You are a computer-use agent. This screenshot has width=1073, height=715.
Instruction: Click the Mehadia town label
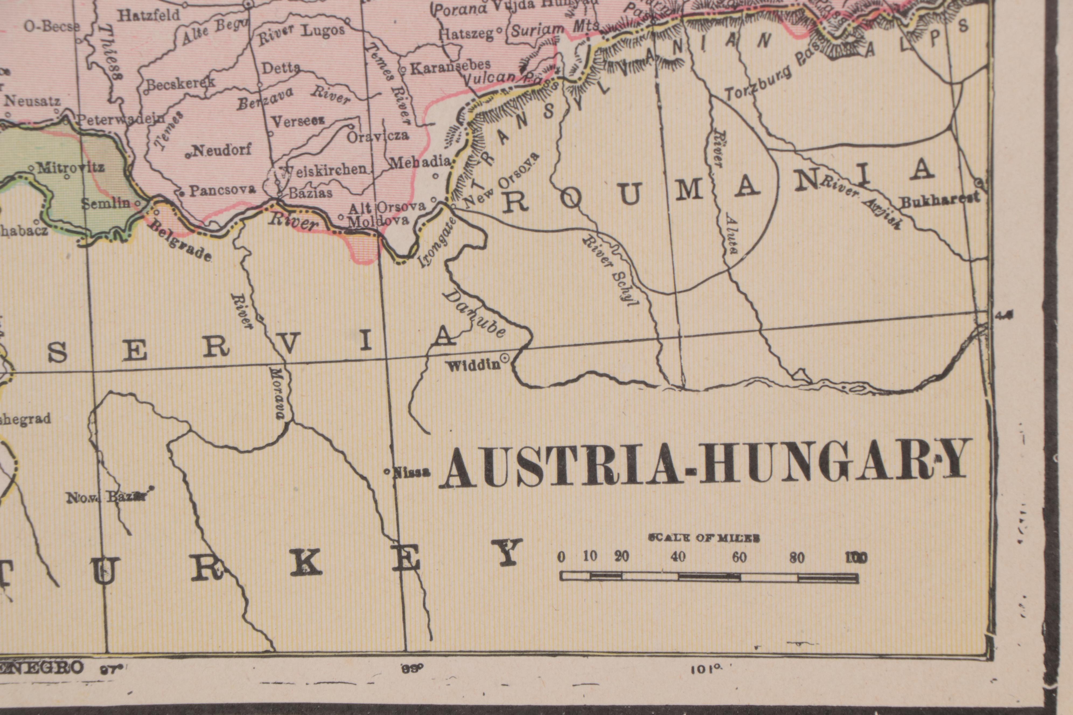[420, 162]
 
